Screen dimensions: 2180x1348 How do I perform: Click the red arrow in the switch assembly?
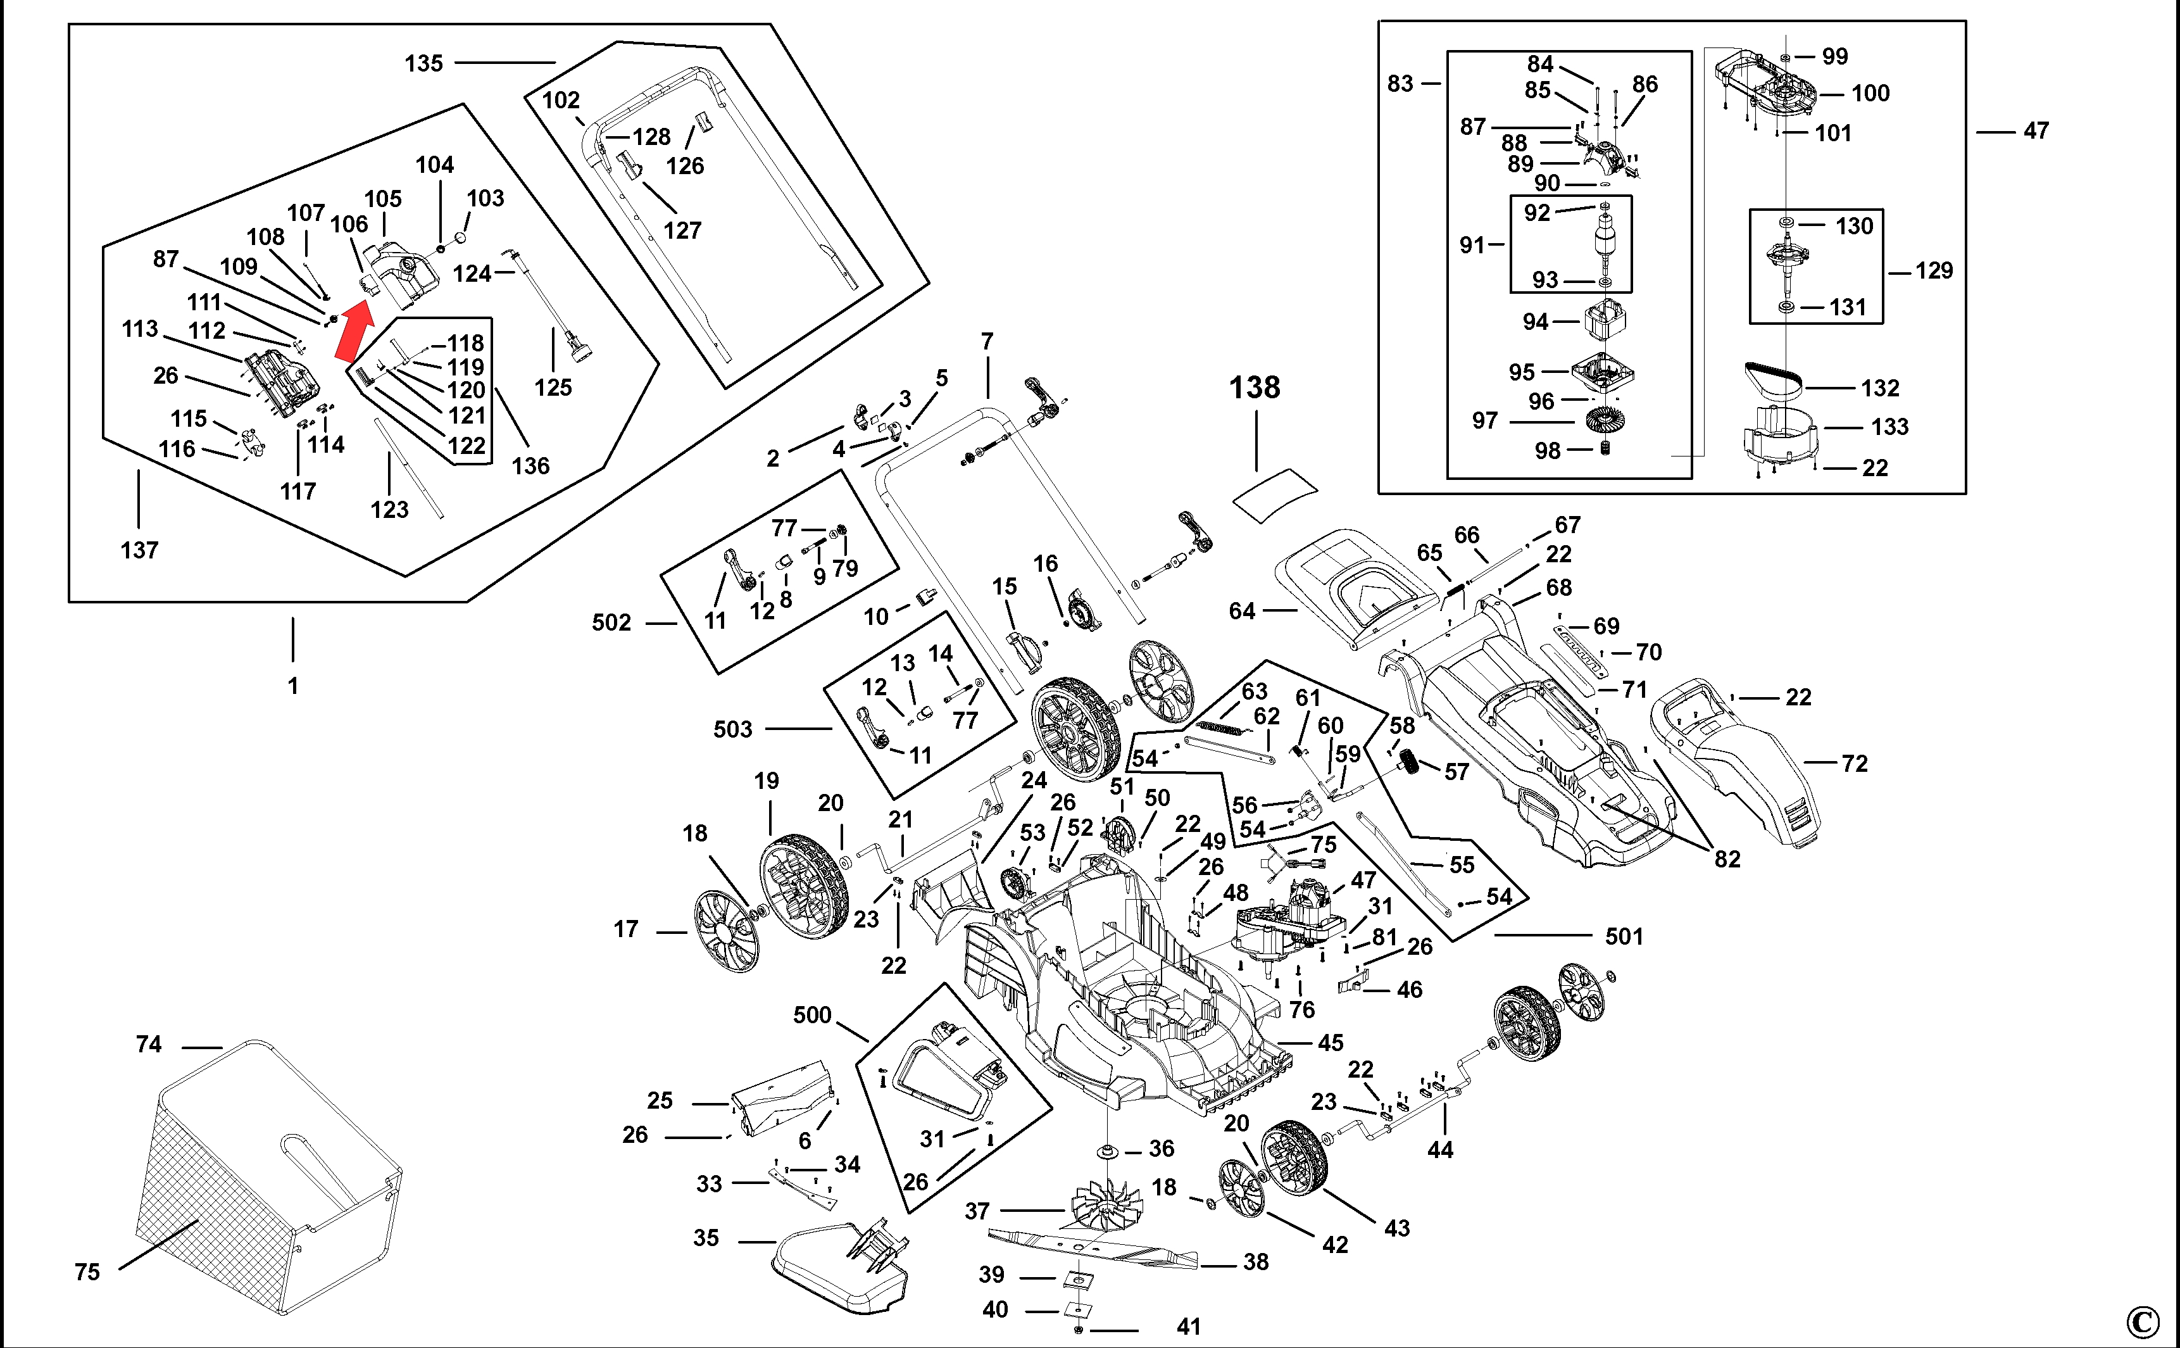[x=354, y=331]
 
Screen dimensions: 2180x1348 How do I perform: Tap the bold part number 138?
[x=1255, y=388]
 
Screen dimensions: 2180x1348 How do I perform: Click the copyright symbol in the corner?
[x=2143, y=1321]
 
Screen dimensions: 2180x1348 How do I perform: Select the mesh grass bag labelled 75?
[x=267, y=1177]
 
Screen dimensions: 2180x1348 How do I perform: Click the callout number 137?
[x=139, y=550]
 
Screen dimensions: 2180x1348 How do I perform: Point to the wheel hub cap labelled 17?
[x=727, y=931]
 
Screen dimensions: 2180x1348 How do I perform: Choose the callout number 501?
[x=1624, y=936]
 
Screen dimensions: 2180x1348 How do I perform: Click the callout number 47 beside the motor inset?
[x=2036, y=131]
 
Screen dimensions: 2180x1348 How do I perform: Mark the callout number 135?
[x=423, y=63]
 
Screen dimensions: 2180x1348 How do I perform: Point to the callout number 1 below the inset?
[x=293, y=686]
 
